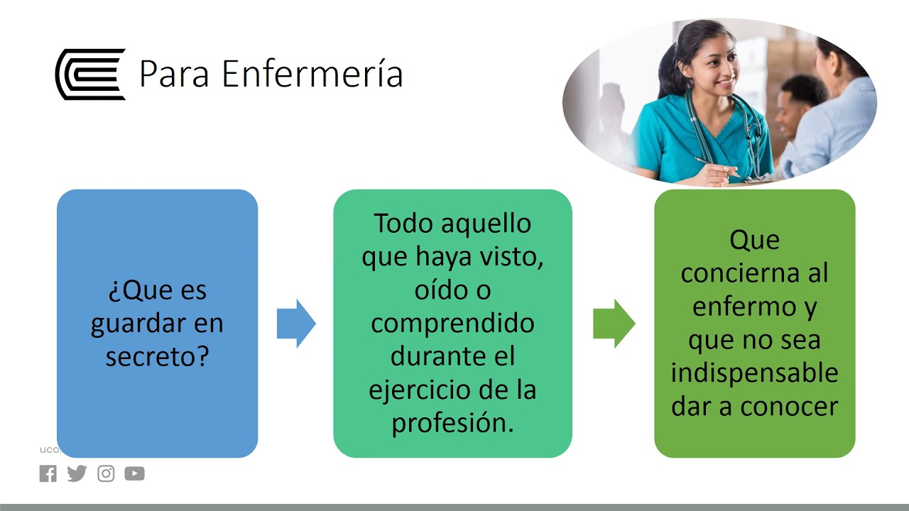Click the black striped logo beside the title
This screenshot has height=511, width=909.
click(90, 74)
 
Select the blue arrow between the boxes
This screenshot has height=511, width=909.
click(296, 324)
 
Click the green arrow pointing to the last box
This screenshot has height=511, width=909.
click(614, 324)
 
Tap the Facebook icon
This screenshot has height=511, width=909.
click(48, 473)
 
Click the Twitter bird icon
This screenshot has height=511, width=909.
click(77, 473)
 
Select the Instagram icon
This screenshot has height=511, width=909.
click(106, 473)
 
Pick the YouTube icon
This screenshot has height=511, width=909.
click(134, 473)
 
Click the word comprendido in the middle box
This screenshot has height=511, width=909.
click(452, 323)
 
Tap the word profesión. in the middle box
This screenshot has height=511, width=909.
click(452, 424)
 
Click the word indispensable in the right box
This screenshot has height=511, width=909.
click(754, 373)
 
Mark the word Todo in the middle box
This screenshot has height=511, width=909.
click(403, 223)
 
